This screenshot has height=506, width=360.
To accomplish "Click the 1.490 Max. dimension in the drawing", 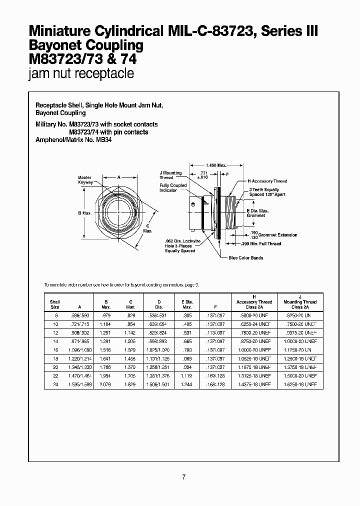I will point(215,164).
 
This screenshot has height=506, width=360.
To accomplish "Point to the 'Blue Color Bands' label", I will point(245,257).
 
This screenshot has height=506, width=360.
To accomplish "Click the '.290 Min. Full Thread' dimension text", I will point(261,243).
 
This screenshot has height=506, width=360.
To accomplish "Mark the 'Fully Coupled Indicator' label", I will point(173,188).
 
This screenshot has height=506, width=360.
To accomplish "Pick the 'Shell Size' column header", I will point(54,304).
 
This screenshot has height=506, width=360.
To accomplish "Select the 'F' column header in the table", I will point(214,307).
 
